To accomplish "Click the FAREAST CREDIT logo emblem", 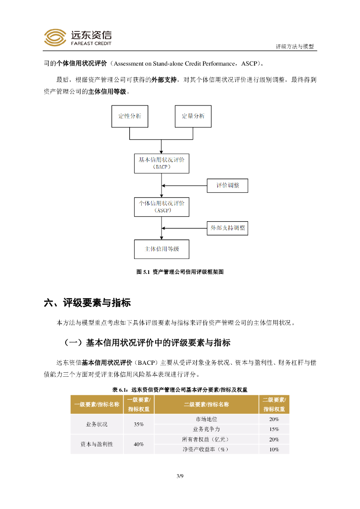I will pos(55,37).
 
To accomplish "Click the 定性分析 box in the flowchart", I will pos(129,116).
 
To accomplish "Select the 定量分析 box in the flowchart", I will pos(193,116).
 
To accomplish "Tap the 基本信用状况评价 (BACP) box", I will pos(162,163).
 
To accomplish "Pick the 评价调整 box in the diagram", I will pos(227,185).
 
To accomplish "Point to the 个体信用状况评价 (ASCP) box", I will pos(162,206).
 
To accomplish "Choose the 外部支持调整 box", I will pos(227,228).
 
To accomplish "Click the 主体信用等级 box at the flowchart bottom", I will pos(162,249).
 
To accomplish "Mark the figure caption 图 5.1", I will pos(180,272).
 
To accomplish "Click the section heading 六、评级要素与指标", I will pos(88,303).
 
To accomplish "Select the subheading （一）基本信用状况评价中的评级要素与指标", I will pos(147,343).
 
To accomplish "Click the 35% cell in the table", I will pos(139,424).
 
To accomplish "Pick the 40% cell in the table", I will pos(139,444).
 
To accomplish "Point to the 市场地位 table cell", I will pos(206,419).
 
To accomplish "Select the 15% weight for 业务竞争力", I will pos(274,429).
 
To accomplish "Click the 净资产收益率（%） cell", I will pos(206,449).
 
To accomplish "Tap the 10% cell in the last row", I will pos(274,449).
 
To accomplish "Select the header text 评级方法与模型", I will pos(295,46).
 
